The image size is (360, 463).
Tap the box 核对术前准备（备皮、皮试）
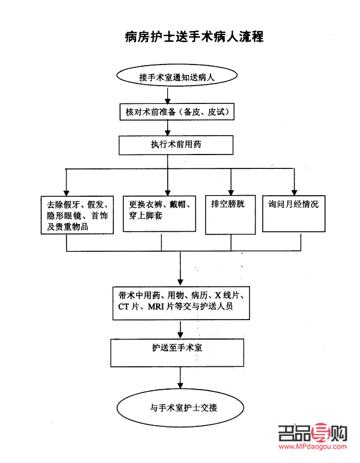176,112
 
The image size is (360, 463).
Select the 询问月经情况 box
294,213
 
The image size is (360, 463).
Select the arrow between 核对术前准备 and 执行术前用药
168,128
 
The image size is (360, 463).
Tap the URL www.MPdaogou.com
313,446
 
